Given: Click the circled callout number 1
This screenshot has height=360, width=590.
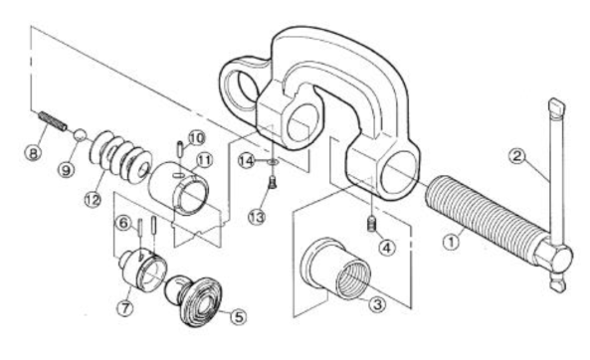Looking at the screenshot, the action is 451,241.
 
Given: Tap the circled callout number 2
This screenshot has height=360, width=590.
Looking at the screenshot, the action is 516,156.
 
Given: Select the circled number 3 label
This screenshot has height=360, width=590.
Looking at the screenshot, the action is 377,303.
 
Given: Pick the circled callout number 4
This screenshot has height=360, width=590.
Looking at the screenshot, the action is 387,248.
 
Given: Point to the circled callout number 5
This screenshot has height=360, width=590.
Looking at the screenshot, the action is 239,316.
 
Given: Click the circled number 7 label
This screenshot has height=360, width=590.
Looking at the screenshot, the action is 125,308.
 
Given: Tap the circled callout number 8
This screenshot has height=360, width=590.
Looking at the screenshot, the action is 33,153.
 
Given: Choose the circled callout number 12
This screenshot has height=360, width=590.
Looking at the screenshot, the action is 93,199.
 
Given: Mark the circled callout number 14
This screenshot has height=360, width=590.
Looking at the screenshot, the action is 247,161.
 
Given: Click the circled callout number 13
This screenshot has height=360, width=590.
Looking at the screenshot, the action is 257,217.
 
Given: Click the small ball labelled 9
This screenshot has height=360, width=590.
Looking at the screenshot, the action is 80,134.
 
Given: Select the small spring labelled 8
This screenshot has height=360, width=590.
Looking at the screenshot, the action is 53,120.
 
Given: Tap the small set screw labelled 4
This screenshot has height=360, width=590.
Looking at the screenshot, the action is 372,224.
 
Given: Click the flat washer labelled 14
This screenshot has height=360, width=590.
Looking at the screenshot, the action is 273,162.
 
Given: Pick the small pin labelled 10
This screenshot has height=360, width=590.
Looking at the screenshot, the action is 180,147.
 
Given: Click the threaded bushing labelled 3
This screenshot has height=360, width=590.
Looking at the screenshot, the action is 336,269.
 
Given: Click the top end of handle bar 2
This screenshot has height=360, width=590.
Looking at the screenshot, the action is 557,104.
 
